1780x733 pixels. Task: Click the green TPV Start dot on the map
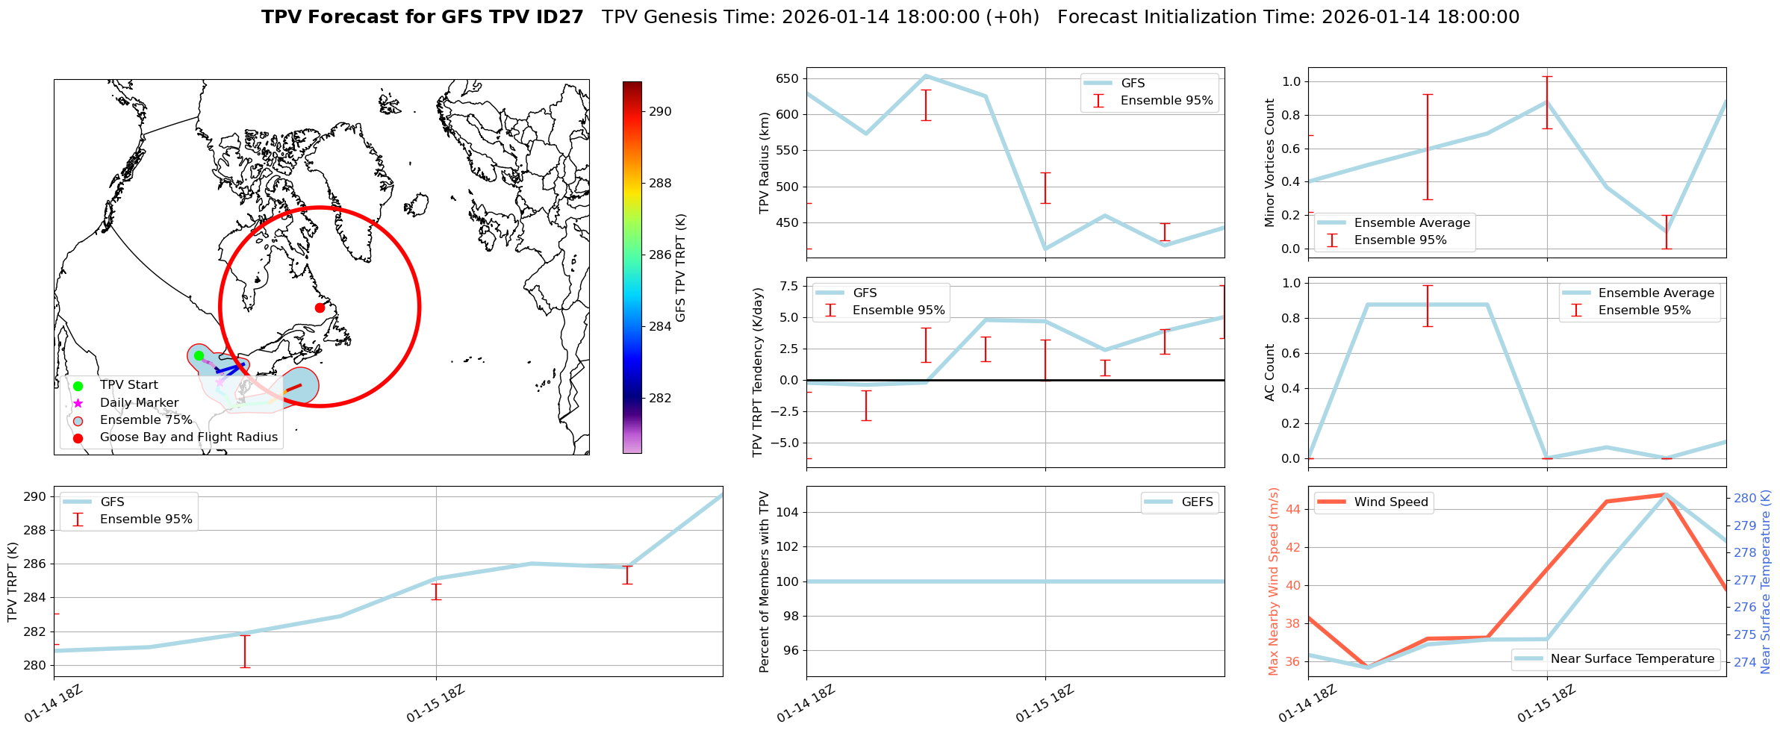199,355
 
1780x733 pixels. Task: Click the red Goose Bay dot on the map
320,308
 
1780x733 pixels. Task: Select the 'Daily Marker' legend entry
139,402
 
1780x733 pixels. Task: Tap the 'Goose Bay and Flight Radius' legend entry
188,437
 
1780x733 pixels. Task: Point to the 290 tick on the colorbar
660,111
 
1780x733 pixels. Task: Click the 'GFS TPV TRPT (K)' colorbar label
680,267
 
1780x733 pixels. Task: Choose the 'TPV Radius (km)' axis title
764,163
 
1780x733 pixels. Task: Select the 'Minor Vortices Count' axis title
1269,163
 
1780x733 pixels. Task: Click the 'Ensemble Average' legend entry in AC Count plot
1656,293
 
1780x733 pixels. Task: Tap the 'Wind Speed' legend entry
1391,502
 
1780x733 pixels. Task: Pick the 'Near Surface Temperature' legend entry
1632,658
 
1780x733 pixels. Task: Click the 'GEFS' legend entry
1197,502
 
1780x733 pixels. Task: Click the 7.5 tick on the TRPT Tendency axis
788,286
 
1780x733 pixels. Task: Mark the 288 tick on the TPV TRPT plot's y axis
36,530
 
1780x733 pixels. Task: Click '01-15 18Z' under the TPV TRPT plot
436,704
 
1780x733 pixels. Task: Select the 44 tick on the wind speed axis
1292,509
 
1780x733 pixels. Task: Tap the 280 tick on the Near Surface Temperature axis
1745,498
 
